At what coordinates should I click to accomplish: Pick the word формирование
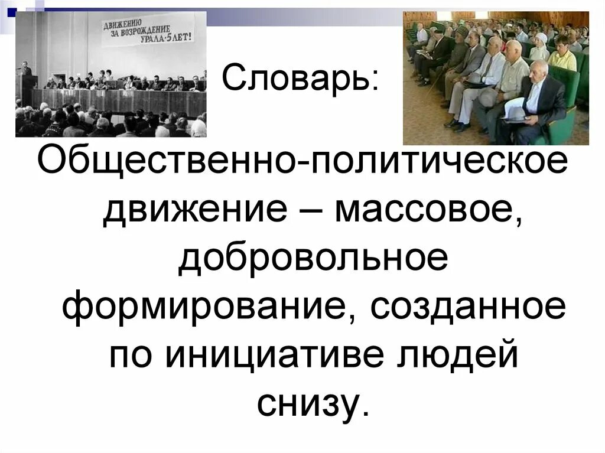point(203,307)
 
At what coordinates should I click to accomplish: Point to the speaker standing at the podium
point(25,71)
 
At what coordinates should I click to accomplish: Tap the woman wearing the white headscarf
point(539,47)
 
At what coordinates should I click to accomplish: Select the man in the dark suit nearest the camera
point(535,103)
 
